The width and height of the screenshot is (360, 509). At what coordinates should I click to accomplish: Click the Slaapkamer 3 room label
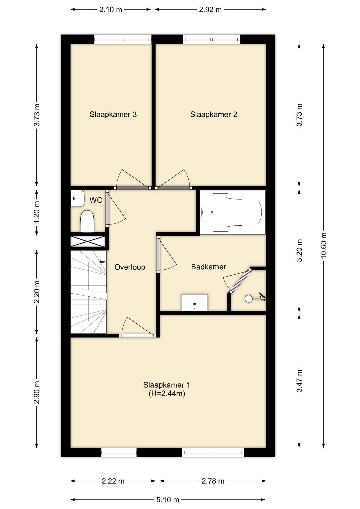113,115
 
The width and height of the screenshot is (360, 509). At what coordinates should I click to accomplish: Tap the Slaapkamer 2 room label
214,115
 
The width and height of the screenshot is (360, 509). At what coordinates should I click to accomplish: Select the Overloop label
130,267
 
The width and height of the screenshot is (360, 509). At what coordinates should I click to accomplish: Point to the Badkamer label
209,267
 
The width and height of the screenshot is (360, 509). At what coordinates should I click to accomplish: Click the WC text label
96,200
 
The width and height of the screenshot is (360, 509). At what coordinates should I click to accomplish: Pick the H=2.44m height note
167,393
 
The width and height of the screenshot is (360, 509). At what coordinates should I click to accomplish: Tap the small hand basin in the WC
77,198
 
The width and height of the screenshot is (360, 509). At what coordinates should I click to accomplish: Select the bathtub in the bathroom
232,212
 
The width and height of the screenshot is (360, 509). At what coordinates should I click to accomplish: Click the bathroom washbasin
194,302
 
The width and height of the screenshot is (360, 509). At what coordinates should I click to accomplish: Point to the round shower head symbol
249,299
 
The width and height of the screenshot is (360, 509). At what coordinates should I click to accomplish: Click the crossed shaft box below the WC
88,242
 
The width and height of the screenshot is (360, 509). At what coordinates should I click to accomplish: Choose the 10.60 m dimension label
324,245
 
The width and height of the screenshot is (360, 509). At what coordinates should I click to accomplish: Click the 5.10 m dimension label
168,500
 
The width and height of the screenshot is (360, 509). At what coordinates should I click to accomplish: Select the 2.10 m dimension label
111,10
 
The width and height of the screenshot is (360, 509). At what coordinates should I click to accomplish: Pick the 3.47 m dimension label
300,381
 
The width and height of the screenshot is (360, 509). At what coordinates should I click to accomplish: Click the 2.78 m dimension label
213,481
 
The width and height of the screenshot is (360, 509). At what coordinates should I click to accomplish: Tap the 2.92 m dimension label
210,10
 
